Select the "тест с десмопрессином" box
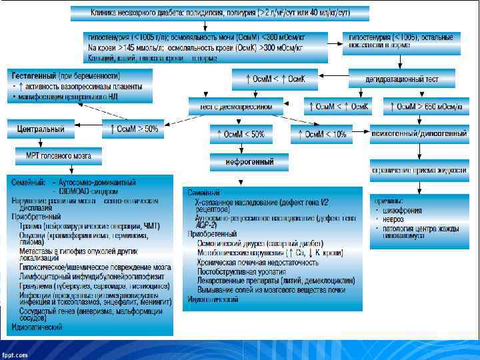[231, 106]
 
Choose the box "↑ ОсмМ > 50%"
[134, 129]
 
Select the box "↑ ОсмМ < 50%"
[241, 134]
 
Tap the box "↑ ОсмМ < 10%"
[321, 134]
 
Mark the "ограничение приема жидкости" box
[419, 171]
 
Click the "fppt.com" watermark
[15, 354]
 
